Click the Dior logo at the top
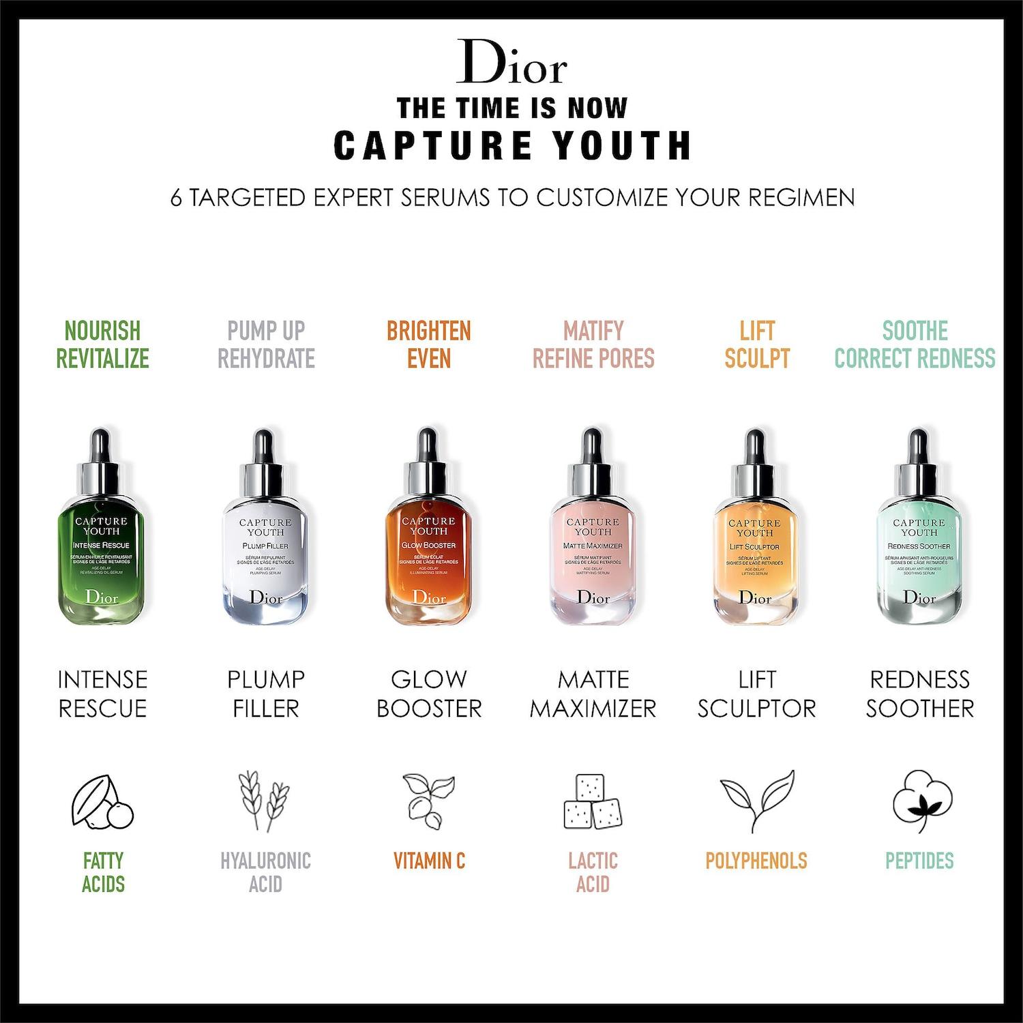point(512,63)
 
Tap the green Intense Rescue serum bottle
point(102,546)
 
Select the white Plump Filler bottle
point(265,546)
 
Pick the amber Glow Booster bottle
point(428,546)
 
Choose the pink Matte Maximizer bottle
point(593,546)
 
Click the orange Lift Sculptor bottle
point(755,546)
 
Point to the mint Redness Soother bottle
point(919,546)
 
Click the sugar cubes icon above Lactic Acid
point(593,802)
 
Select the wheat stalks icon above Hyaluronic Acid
point(265,802)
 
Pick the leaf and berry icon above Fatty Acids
point(102,803)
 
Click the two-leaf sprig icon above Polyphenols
point(757,801)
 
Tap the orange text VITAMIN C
point(429,861)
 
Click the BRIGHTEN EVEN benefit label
point(429,344)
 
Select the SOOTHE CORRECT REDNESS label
point(915,344)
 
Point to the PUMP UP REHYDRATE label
point(266,344)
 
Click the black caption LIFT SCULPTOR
point(756,694)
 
